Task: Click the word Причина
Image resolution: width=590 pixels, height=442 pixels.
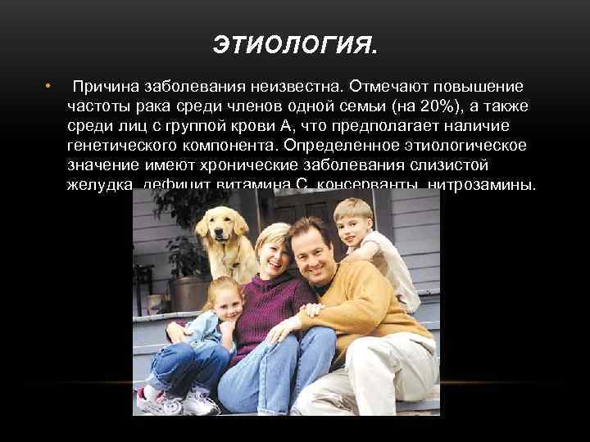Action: click(106, 87)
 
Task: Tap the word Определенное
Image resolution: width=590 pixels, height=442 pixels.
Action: click(340, 146)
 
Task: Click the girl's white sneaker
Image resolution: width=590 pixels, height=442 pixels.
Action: click(200, 403)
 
